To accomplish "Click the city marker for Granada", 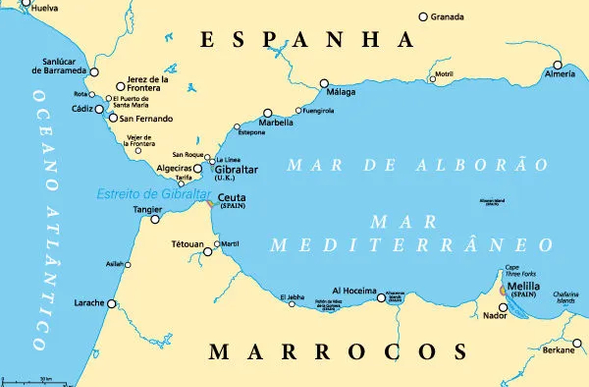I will point(423,17).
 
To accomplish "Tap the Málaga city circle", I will point(324,83).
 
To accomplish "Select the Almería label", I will point(560,74).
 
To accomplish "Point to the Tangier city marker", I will point(155,219).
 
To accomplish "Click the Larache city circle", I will point(112,304).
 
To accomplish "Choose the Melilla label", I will point(523,287).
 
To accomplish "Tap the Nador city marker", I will point(503,307).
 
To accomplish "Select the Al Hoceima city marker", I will point(381,298).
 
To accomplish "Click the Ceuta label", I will point(231,198).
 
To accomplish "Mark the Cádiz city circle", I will point(99,109).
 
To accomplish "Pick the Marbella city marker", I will point(268,113).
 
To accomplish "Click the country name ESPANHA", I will point(307,40).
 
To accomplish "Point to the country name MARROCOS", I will point(338,352).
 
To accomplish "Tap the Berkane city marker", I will point(577,343).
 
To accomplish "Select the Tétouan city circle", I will point(208,252).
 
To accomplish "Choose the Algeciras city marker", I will point(197,169).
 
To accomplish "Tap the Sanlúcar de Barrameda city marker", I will point(94,72).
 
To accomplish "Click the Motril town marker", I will point(433,79).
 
